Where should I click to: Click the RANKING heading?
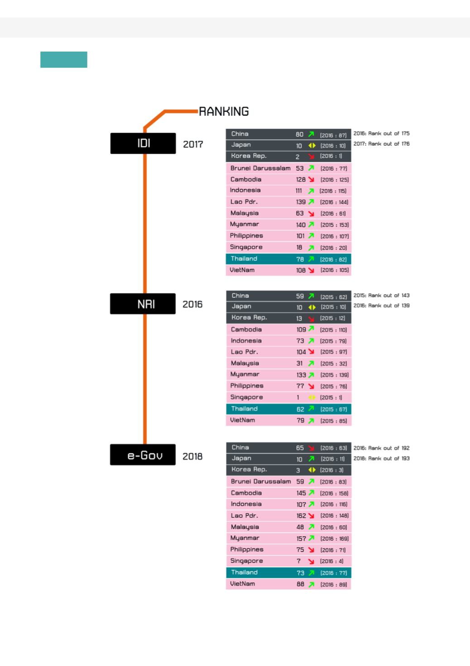[x=224, y=111]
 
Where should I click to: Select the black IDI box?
[x=143, y=143]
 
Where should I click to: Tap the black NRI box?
[x=143, y=304]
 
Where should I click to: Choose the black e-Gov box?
[x=143, y=455]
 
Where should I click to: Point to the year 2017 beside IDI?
[x=193, y=144]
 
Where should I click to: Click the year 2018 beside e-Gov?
[x=192, y=457]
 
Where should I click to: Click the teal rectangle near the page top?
[x=64, y=60]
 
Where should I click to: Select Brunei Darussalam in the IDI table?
[x=260, y=168]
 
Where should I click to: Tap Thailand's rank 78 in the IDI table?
[x=300, y=259]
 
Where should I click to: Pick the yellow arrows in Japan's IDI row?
[x=312, y=146]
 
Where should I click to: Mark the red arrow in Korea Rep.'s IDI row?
[x=311, y=157]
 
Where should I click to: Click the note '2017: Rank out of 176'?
[x=381, y=144]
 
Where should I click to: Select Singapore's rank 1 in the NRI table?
[x=298, y=398]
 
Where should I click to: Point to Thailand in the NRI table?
[x=244, y=409]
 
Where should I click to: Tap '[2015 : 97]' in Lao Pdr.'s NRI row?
[x=333, y=352]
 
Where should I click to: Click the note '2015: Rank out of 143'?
[x=381, y=295]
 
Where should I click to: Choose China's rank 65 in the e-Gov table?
[x=300, y=448]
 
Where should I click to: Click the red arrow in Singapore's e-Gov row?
[x=311, y=561]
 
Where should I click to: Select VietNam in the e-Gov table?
[x=242, y=584]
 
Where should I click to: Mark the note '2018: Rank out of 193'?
[x=381, y=458]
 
